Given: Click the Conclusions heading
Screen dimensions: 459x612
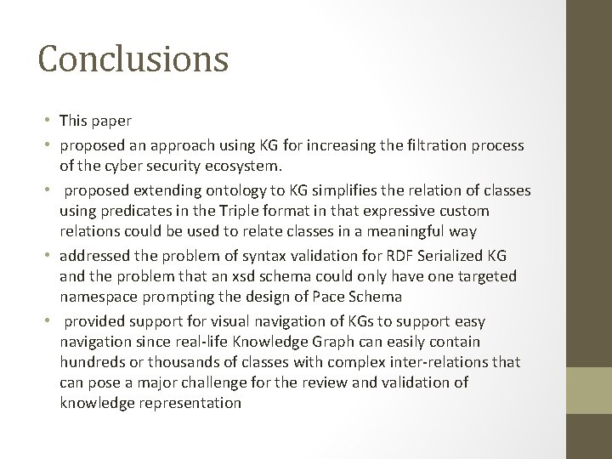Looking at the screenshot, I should (x=133, y=59).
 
